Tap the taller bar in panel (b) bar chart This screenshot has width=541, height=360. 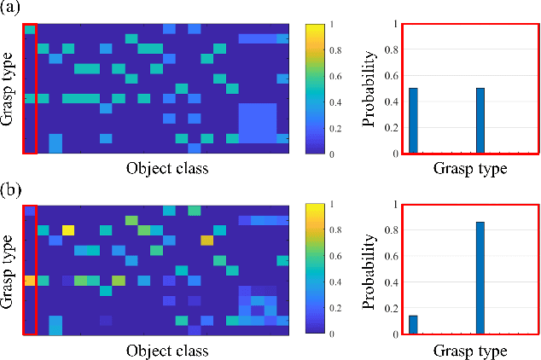pyautogui.click(x=481, y=277)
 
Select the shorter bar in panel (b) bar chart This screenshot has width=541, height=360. pyautogui.click(x=414, y=324)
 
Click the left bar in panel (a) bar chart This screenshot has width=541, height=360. pyautogui.click(x=414, y=120)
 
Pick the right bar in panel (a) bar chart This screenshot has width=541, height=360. pyautogui.click(x=481, y=120)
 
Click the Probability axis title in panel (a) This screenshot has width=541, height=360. pyautogui.click(x=369, y=89)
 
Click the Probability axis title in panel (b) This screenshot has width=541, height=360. pyautogui.click(x=369, y=269)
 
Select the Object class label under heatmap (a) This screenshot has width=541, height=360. pyautogui.click(x=167, y=169)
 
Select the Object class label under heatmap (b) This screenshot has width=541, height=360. pyautogui.click(x=167, y=350)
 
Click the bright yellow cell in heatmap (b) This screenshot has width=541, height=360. pyautogui.click(x=68, y=229)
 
